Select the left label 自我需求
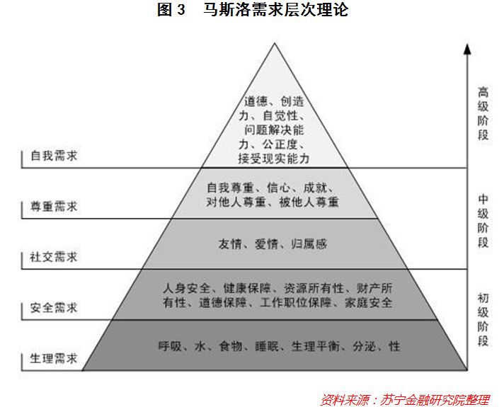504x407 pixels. (54, 156)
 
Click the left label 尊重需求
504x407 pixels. (54, 207)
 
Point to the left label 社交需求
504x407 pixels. (54, 257)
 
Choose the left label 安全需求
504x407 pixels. (54, 308)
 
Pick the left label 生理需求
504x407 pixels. (54, 358)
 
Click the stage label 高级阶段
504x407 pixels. (483, 113)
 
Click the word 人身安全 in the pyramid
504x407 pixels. (185, 288)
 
